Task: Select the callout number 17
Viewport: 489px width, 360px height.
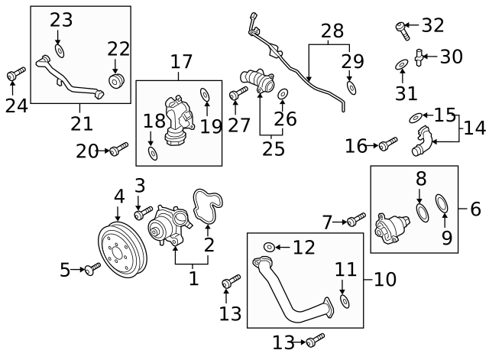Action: (x=181, y=60)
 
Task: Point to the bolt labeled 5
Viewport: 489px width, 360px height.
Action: (x=92, y=268)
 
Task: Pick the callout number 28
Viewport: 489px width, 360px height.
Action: (x=332, y=31)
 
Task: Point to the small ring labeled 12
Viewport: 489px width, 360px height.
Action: (x=269, y=247)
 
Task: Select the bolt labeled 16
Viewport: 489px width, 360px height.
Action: (x=388, y=143)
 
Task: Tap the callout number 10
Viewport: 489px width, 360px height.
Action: (x=385, y=279)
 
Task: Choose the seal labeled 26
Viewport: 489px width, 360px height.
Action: (x=282, y=94)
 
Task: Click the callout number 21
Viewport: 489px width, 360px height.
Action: (x=81, y=122)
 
